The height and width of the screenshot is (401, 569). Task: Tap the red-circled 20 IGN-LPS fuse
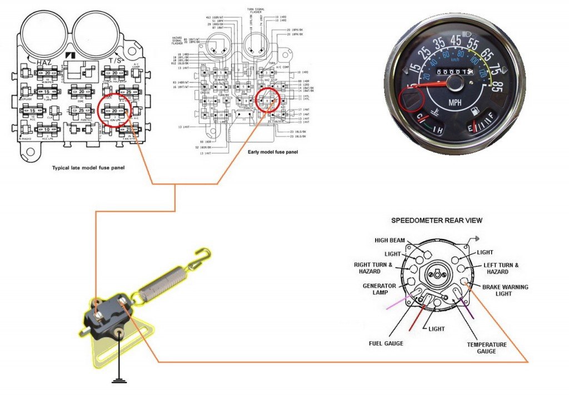click(114, 111)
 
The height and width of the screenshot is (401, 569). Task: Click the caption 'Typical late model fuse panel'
click(88, 167)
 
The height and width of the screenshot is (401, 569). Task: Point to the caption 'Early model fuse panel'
click(272, 151)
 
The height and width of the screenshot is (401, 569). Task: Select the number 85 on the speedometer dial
click(496, 87)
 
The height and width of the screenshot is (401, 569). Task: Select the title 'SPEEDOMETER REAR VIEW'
click(437, 220)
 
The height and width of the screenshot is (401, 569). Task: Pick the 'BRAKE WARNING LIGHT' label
click(505, 290)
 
